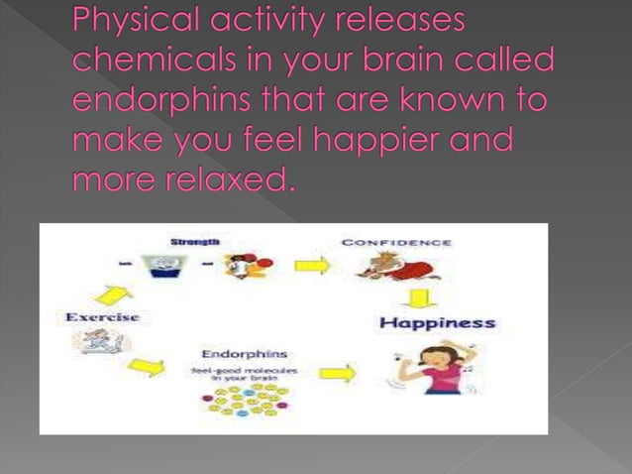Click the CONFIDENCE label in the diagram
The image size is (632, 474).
396,242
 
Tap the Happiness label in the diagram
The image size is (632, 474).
437,322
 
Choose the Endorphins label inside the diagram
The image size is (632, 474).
245,353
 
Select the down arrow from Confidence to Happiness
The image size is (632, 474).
420,296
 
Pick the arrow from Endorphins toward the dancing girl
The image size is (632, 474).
337,374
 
